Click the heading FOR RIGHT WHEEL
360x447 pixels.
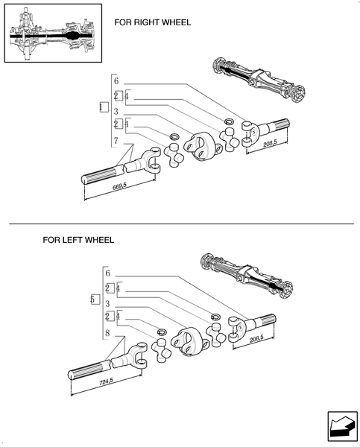coord(152,22)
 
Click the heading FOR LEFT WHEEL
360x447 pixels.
coord(78,241)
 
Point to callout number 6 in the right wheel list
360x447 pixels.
coord(116,81)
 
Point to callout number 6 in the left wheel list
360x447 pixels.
coord(107,273)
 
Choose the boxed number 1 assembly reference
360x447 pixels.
coord(103,108)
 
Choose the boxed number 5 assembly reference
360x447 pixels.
coord(93,299)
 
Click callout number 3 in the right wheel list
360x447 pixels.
coord(116,111)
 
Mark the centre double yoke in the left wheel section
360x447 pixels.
coord(188,342)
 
